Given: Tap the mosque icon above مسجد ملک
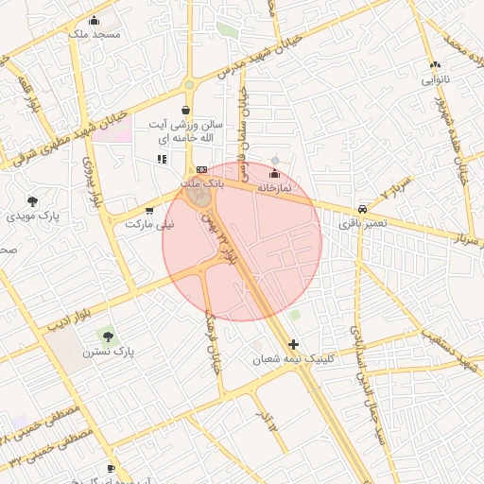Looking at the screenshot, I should pyautogui.click(x=94, y=21).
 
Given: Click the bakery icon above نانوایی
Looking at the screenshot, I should pyautogui.click(x=435, y=64).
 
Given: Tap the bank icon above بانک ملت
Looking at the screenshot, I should pyautogui.click(x=200, y=169).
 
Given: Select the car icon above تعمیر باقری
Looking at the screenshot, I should pyautogui.click(x=362, y=210).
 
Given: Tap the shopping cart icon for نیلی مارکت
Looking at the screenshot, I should pyautogui.click(x=149, y=211).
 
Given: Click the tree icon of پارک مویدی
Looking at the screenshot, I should pyautogui.click(x=33, y=201).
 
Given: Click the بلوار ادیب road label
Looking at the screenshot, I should pyautogui.click(x=70, y=315).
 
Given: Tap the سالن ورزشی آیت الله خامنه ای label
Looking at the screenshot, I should pyautogui.click(x=190, y=131).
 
